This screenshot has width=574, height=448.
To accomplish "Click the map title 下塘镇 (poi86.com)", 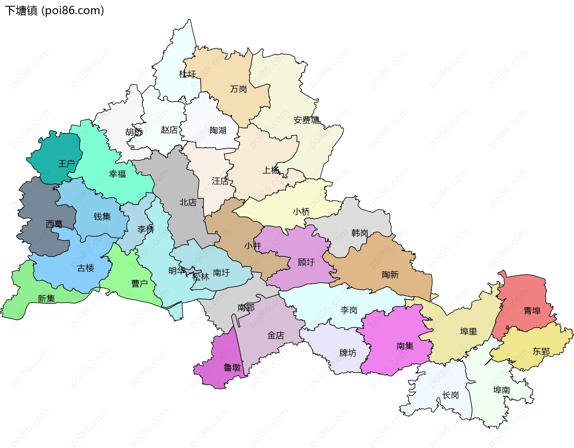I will pos(54,10).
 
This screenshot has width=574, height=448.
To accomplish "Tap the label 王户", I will pos(66,164).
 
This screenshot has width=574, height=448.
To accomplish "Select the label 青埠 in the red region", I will pos(532,311).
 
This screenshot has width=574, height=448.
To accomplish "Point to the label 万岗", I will pos(238,89).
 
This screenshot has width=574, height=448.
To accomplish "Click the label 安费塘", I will pos(306,120).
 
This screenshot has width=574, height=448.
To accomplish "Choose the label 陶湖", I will pos(218,130).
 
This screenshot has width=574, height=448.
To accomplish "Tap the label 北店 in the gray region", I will pos(188,203).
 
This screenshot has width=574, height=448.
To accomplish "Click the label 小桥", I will pos(301,212).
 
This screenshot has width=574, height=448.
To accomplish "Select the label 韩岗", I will pos(360,233).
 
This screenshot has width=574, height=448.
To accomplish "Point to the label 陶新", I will pos(390,275).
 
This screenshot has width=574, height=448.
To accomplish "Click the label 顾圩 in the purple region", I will pos(306,262).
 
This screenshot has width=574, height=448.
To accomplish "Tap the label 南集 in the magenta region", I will pos(405,346).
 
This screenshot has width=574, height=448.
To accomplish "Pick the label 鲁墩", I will pos(232,367).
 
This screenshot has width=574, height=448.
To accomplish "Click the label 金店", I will pos(276,335).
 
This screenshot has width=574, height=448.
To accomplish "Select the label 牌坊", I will pos(348,353).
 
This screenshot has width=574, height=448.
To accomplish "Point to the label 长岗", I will pos(451,395).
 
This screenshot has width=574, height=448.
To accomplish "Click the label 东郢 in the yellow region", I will pos(541,352).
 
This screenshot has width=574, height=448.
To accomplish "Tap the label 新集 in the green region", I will pos(46,299).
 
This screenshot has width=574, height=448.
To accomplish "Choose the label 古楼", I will pos(86,268).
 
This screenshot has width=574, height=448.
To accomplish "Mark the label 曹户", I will pos(140,283).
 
